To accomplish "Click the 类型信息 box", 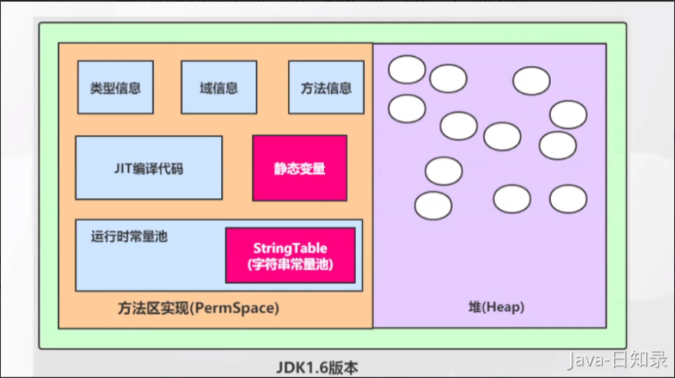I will [115, 88].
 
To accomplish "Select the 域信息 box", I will [219, 88].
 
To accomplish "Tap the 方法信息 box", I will [326, 88].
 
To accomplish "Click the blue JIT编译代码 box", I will [148, 168].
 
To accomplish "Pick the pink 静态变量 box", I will [300, 168].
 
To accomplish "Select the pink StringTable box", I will [290, 255].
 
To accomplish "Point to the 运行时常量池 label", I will [129, 237].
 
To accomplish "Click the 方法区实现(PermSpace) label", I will [198, 308].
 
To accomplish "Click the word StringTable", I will [290, 248].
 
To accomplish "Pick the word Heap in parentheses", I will [502, 308].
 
